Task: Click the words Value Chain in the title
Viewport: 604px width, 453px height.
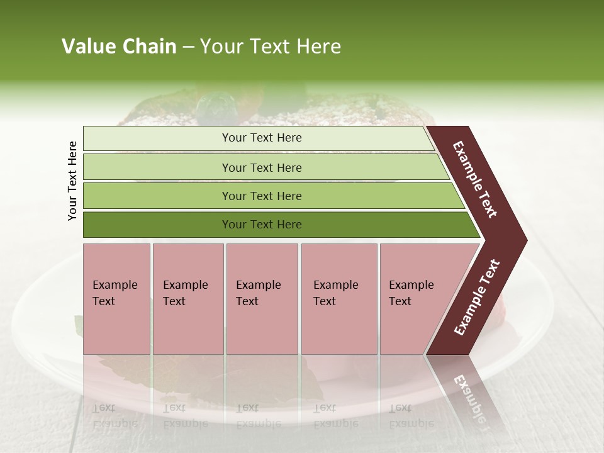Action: pyautogui.click(x=119, y=47)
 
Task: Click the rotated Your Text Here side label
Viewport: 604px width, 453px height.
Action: pyautogui.click(x=72, y=181)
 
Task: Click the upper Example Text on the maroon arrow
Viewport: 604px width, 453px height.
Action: pyautogui.click(x=475, y=179)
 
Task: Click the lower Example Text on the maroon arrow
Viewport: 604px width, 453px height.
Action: pyautogui.click(x=477, y=297)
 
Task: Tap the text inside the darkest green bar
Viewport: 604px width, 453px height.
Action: pyautogui.click(x=262, y=225)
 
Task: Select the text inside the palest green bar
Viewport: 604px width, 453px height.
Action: pyautogui.click(x=262, y=138)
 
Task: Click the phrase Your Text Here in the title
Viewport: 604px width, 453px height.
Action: pyautogui.click(x=271, y=47)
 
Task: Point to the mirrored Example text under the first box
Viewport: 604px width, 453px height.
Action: pyautogui.click(x=115, y=416)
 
